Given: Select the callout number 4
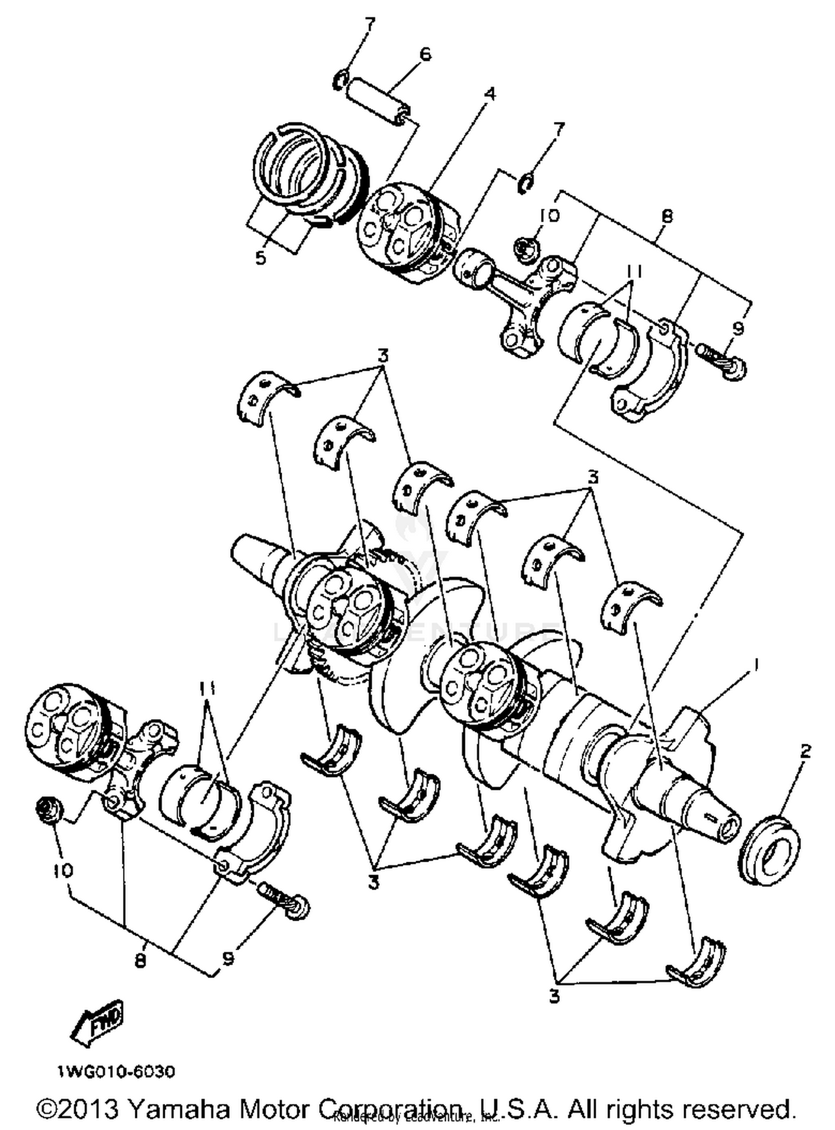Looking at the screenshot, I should (x=489, y=94).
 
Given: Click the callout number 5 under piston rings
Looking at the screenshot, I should (x=261, y=258).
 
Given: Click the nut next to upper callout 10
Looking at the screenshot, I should (x=526, y=245).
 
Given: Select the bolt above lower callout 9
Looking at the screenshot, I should (x=284, y=900).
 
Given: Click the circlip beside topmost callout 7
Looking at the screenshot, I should (x=339, y=82).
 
